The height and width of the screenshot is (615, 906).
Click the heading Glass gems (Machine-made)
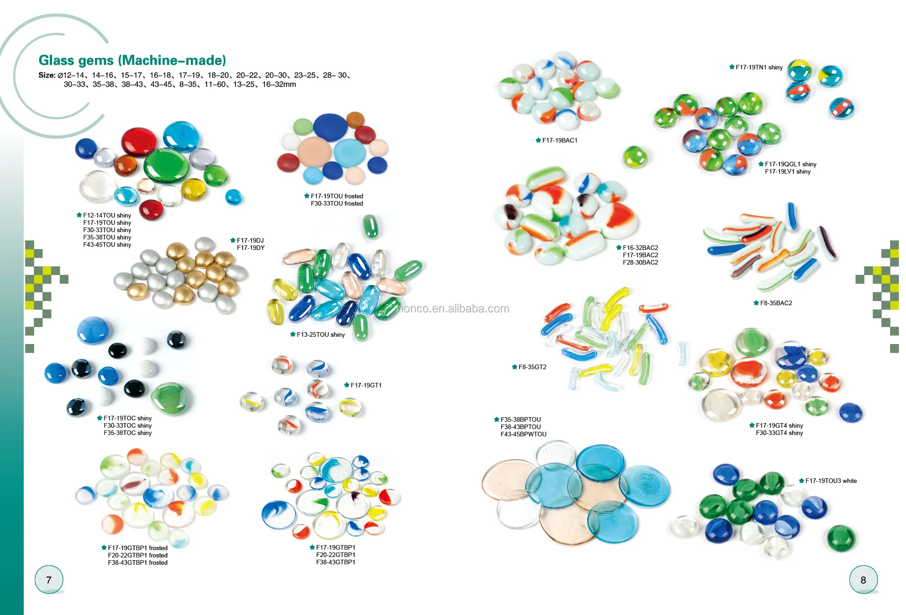(132, 60)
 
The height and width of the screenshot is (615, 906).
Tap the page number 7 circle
(49, 580)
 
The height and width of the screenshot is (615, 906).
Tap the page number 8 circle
(863, 580)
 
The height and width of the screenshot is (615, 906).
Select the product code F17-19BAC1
(559, 140)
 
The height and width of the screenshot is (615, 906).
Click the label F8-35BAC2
(776, 303)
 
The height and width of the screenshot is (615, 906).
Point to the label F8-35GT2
(532, 367)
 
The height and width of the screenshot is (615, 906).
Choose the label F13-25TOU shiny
(321, 334)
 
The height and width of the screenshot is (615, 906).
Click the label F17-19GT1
(366, 385)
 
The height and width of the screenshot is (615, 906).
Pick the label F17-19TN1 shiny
(759, 67)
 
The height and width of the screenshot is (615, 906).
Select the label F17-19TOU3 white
(831, 481)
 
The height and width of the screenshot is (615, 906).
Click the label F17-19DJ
(250, 240)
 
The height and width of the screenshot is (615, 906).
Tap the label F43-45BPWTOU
(523, 434)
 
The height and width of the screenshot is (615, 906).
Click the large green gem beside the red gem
(166, 165)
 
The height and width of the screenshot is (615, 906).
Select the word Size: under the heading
(47, 75)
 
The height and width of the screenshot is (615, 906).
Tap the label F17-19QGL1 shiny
(790, 164)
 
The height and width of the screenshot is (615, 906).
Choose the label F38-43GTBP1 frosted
(137, 562)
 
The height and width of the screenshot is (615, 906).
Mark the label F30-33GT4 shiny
(779, 433)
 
